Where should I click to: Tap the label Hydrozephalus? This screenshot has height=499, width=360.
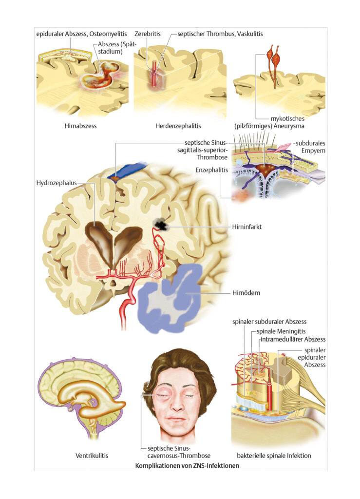pyautogui.click(x=57, y=183)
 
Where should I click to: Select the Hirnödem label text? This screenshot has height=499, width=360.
pyautogui.click(x=246, y=293)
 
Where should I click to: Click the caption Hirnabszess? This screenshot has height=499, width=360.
pyautogui.click(x=80, y=126)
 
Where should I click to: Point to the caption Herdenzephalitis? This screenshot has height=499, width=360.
pyautogui.click(x=178, y=126)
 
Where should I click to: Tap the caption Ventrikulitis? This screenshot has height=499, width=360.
pyautogui.click(x=92, y=456)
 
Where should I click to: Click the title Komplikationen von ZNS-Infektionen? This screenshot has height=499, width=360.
pyautogui.click(x=187, y=465)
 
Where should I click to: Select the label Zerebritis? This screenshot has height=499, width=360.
pyautogui.click(x=148, y=34)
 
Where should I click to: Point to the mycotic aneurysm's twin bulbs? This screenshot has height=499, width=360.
pyautogui.click(x=274, y=55)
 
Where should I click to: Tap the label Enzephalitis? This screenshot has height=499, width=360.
pyautogui.click(x=212, y=170)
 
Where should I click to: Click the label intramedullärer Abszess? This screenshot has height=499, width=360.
pyautogui.click(x=293, y=339)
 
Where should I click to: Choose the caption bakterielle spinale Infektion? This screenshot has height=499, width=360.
pyautogui.click(x=274, y=456)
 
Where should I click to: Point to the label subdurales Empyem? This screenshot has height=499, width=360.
pyautogui.click(x=310, y=147)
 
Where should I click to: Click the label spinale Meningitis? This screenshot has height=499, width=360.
pyautogui.click(x=281, y=331)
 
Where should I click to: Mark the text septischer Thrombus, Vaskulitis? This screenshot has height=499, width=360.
pyautogui.click(x=220, y=34)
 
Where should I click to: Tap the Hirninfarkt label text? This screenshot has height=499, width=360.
pyautogui.click(x=247, y=227)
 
